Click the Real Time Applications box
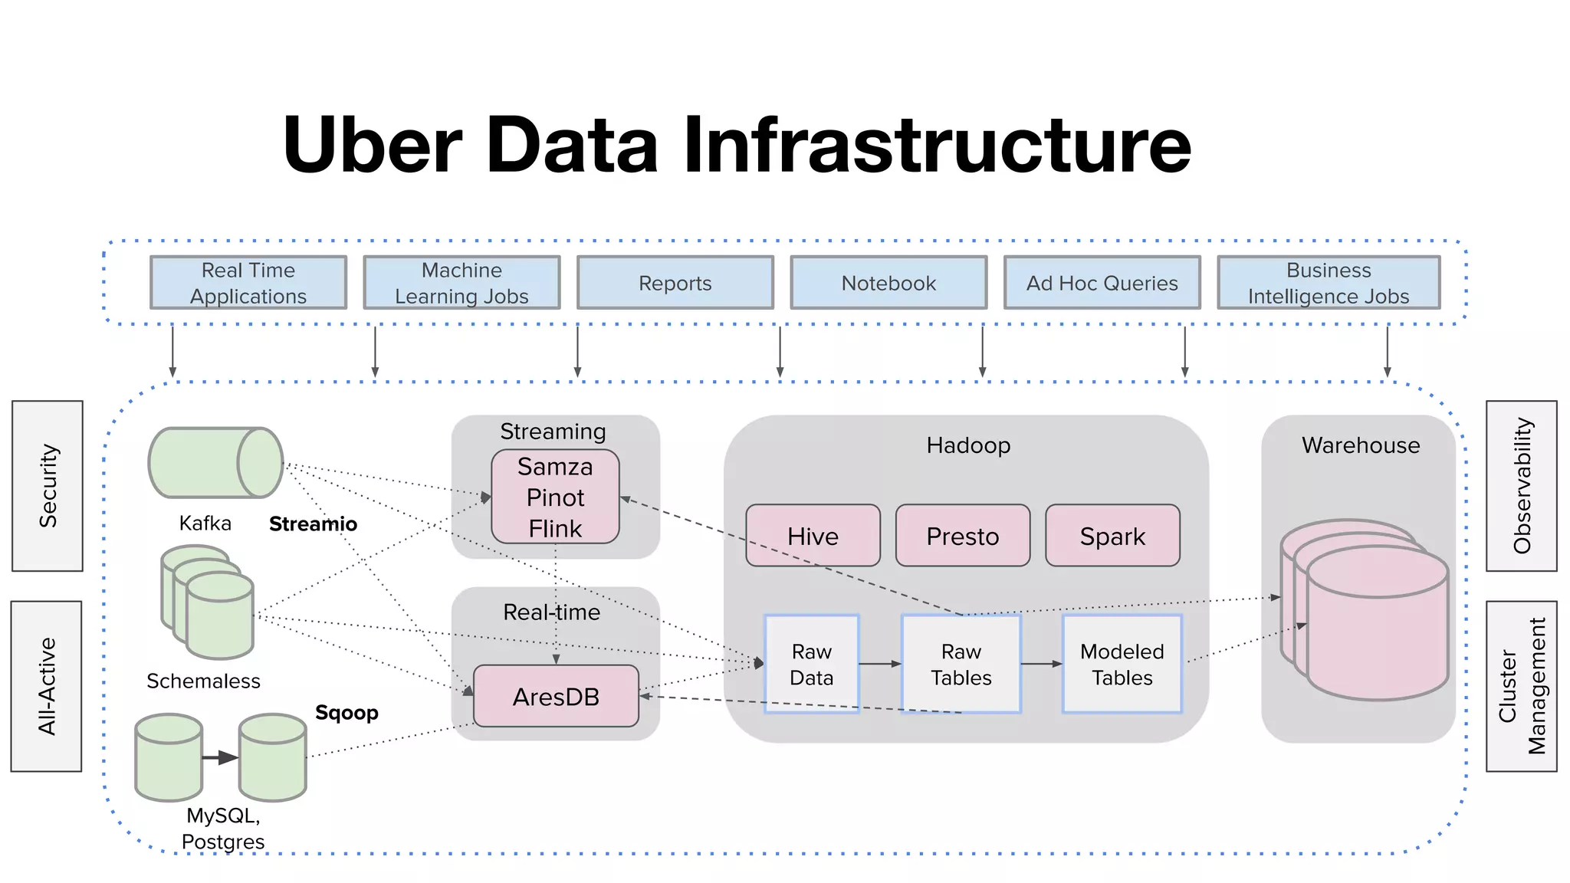248,283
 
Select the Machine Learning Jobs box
461,283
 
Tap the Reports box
675,283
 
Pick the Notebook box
888,283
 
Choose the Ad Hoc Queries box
1102,283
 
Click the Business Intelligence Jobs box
1328,283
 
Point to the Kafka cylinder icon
215,463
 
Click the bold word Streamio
313,524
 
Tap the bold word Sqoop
347,713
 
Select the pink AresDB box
556,696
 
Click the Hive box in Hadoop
813,536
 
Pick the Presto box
962,536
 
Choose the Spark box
1112,536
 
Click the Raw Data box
811,664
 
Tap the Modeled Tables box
1122,664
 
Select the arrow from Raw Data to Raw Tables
880,664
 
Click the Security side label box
48,486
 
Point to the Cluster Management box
1521,686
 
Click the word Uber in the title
373,144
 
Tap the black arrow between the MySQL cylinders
220,757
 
